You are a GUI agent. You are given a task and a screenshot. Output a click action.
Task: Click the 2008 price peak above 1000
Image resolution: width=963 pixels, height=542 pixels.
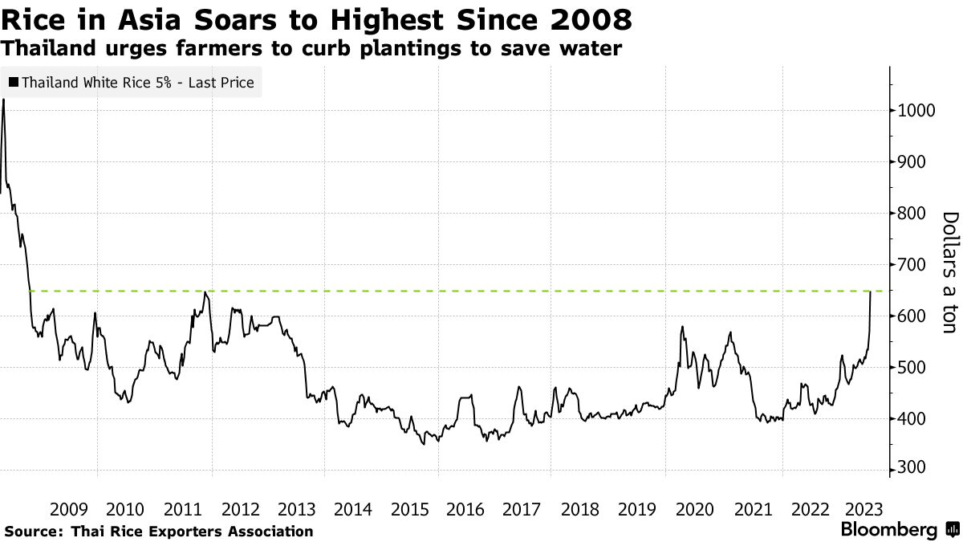pos(4,100)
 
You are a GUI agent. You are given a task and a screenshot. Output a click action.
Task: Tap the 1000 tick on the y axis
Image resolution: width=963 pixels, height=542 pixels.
pos(913,111)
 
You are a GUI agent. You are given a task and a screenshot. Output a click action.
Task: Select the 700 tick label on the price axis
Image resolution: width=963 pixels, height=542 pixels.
pos(913,265)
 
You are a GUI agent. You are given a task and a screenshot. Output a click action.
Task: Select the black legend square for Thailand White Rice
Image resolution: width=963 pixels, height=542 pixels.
pos(14,82)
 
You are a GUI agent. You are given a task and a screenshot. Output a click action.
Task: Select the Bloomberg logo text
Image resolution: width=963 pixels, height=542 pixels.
pos(888,530)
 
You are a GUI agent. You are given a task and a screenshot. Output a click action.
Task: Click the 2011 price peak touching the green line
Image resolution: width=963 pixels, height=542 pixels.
pos(205,292)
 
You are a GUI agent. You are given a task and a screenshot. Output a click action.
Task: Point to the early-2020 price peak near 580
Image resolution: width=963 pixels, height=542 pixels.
pos(681,327)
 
